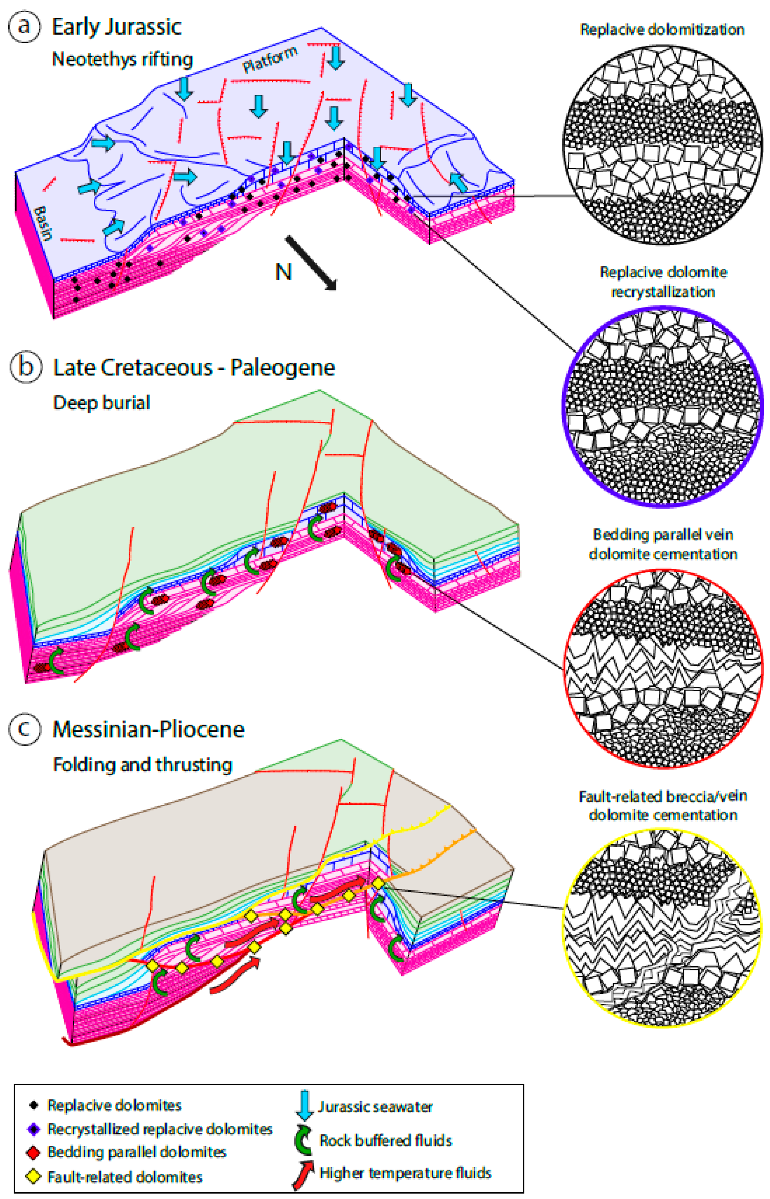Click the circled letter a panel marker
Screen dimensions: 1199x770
(24, 26)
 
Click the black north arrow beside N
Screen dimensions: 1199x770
(311, 263)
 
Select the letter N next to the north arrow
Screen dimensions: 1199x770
(283, 272)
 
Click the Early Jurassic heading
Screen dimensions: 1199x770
(117, 27)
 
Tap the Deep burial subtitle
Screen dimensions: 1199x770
(101, 402)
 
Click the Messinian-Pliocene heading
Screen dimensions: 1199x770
(149, 729)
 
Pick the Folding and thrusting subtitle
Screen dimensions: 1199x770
(142, 765)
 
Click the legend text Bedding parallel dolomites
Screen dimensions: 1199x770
(136, 1152)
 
